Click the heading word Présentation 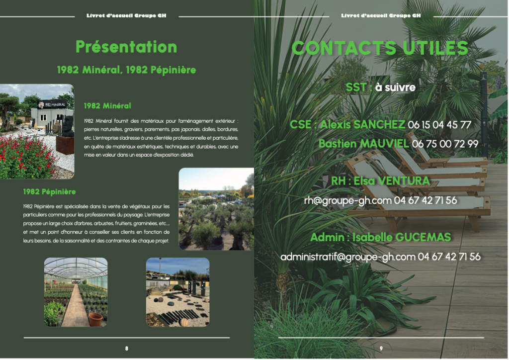126,47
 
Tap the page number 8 127,348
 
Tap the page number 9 381,348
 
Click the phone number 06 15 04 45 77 439,125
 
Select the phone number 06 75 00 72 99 445,144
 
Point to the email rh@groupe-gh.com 347,200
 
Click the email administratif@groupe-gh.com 347,257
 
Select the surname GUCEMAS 424,237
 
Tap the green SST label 356,88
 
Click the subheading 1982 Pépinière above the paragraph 49,192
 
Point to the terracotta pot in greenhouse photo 95,319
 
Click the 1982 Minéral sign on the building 52,104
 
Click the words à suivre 395,88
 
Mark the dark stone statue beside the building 68,127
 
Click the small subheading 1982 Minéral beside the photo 107,106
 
